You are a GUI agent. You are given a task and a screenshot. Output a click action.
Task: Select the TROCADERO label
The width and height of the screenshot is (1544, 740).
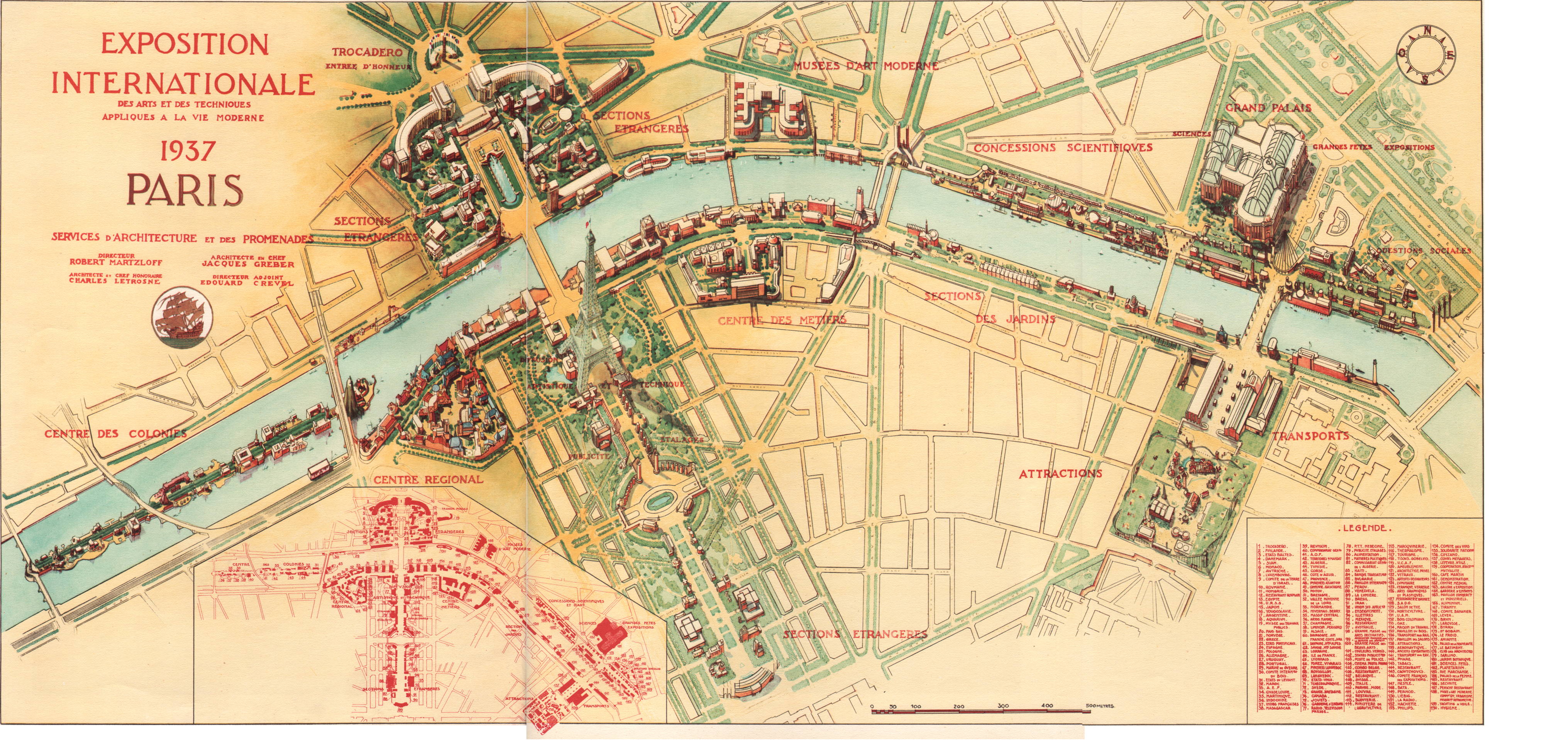point(367,53)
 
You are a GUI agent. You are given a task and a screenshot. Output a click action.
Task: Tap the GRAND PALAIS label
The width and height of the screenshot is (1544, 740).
point(1268,108)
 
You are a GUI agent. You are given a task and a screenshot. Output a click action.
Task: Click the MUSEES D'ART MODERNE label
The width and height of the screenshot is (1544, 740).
point(865,66)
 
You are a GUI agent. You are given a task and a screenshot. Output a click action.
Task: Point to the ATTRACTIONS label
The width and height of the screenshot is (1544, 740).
point(1060,473)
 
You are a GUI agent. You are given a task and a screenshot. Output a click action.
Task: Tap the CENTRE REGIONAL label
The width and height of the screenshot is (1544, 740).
point(427,479)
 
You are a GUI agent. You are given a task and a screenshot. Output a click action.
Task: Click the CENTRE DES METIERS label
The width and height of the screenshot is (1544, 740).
point(782,320)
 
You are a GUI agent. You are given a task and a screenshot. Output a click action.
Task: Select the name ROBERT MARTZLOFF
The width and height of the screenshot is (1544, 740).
point(116,262)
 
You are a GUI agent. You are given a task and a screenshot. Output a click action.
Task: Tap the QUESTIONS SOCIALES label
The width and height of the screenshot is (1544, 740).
point(1423,250)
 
